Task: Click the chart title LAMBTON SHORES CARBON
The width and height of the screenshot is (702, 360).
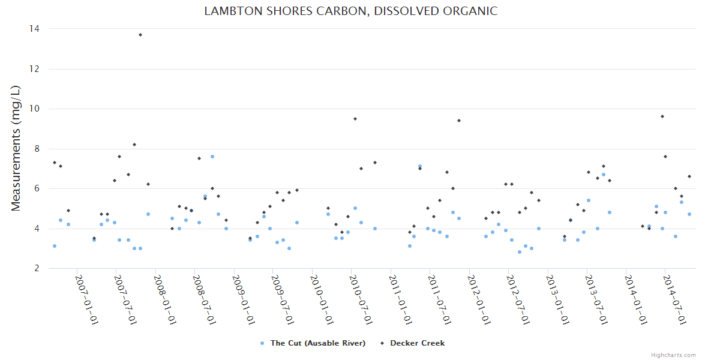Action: click(x=350, y=11)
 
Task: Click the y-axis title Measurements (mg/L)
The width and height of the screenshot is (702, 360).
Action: click(x=16, y=148)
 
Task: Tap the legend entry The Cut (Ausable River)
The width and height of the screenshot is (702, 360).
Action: click(x=317, y=343)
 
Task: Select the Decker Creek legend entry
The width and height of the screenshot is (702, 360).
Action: click(x=417, y=343)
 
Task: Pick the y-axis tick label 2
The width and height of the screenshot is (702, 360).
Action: click(x=37, y=268)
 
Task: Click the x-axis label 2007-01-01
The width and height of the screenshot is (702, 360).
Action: click(x=86, y=300)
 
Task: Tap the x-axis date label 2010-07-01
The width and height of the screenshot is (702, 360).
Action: click(x=361, y=300)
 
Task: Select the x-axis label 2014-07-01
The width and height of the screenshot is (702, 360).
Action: click(x=676, y=300)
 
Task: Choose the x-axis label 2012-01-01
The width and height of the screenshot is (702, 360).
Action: click(x=479, y=300)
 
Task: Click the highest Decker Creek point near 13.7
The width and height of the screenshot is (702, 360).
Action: click(x=140, y=35)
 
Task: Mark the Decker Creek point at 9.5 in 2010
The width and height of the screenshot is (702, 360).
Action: click(x=355, y=119)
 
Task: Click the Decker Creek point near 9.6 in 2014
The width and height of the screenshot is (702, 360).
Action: click(x=662, y=116)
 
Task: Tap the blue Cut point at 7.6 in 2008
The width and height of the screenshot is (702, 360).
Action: click(x=212, y=157)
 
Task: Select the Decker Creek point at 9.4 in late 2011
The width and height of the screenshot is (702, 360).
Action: click(x=459, y=121)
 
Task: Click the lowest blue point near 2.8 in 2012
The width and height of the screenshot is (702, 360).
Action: click(x=520, y=252)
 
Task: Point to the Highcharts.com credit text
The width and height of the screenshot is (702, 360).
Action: click(x=673, y=355)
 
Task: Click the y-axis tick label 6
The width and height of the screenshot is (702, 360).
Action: click(x=37, y=188)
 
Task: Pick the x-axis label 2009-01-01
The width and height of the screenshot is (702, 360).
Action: click(x=244, y=300)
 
